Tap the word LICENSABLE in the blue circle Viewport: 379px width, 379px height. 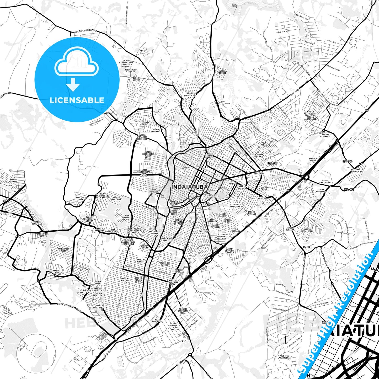coord(77,100)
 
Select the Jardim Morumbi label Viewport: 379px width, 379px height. coord(222,72)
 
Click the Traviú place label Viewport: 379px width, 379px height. coord(143,50)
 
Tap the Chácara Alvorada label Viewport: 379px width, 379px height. coord(325,135)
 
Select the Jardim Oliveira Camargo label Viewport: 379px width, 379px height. coord(229,251)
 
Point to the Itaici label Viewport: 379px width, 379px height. coord(306,247)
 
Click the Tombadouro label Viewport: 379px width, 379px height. coord(324,183)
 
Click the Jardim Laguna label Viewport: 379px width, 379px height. coord(136,79)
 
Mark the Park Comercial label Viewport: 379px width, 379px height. coord(157,320)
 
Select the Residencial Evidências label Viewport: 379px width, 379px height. coord(357,170)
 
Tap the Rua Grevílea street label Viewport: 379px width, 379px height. coord(322,304)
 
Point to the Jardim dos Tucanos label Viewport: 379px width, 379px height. coord(42,235)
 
